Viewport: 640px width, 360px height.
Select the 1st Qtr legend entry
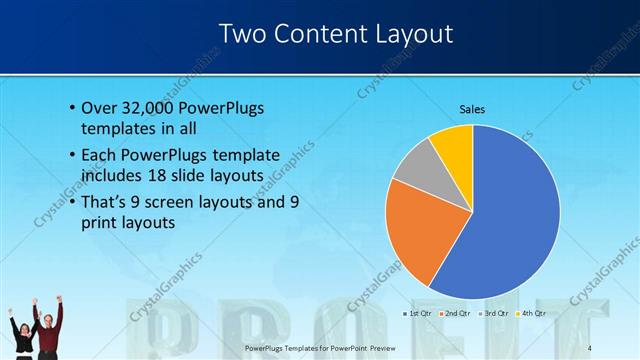pyautogui.click(x=418, y=314)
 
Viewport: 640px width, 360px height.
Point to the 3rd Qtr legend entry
pyautogui.click(x=498, y=314)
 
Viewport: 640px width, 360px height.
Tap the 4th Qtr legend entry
pyautogui.click(x=535, y=314)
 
